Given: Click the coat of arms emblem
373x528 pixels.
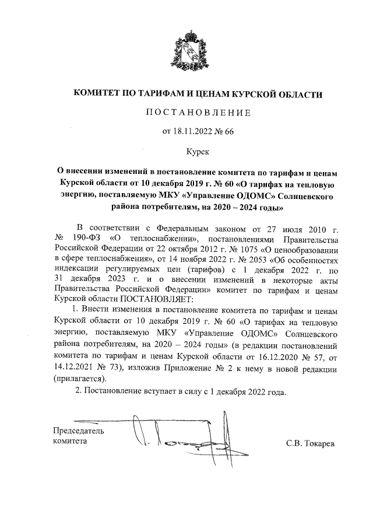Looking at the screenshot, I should [x=186, y=52].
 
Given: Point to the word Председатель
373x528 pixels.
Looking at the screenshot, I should [x=79, y=431].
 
